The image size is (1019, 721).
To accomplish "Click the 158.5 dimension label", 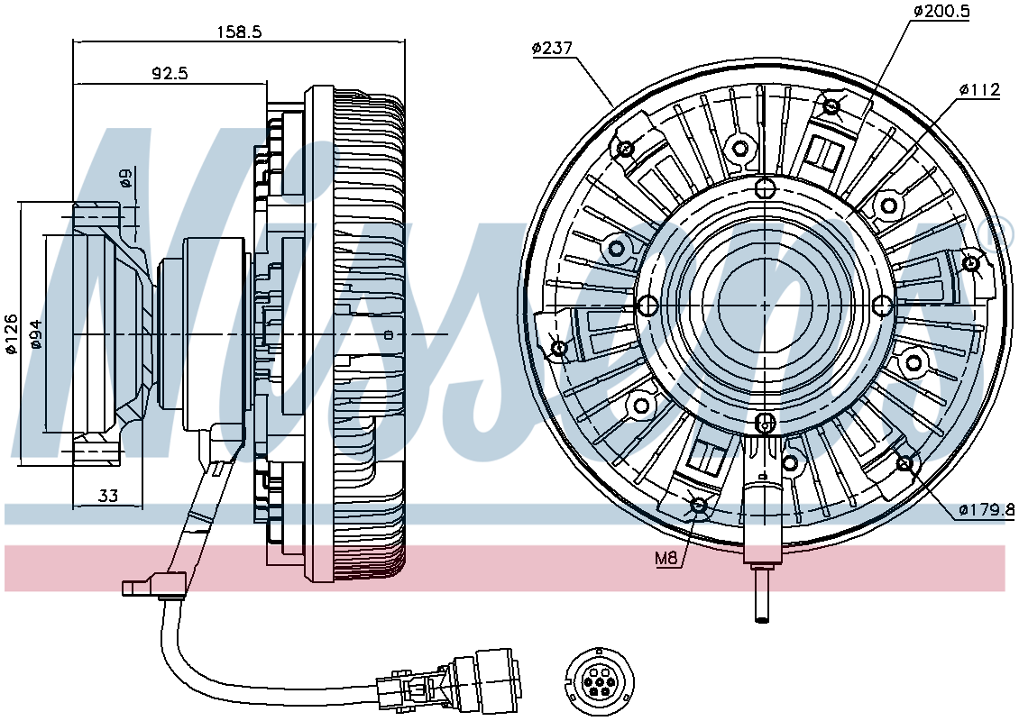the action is point(238,32).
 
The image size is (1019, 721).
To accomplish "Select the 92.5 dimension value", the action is point(170,73).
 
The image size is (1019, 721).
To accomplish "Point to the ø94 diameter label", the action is point(36,333).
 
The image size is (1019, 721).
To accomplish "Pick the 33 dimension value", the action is point(108,497).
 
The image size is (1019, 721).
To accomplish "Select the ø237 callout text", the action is point(553,48).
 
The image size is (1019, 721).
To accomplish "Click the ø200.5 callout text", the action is point(941,11).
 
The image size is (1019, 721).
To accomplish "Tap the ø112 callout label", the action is point(980,89).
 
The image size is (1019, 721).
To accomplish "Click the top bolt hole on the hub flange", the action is point(766,189).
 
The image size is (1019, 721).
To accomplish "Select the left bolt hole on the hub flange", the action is point(645,305).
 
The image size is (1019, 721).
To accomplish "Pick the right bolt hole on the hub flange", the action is point(882,305).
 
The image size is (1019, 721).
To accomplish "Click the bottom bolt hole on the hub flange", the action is point(766,423).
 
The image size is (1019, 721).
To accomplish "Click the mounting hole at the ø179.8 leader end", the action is point(904,464).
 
